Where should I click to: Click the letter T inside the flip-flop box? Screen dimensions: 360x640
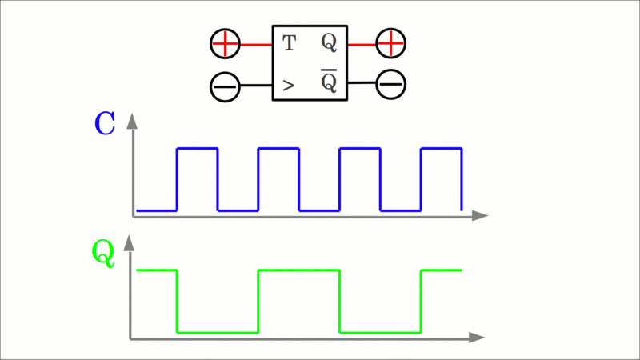(x=289, y=43)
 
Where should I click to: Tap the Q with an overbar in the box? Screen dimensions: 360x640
(x=329, y=82)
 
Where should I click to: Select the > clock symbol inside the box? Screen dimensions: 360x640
(x=288, y=83)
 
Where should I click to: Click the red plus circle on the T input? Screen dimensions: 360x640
(x=225, y=44)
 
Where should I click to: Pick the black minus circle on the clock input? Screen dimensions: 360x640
(x=225, y=86)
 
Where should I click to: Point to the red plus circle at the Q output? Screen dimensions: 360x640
(x=391, y=43)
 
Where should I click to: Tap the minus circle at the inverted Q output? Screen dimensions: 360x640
(x=391, y=82)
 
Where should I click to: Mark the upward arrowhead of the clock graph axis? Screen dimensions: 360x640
(x=133, y=122)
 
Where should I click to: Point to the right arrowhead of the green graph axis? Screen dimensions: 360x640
(x=478, y=338)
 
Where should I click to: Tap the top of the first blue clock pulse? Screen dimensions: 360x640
(x=197, y=148)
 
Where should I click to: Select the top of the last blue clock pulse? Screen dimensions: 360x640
(x=441, y=148)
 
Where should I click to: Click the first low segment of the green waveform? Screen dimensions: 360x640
(x=217, y=331)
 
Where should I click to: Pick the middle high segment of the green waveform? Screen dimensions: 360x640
(x=298, y=271)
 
